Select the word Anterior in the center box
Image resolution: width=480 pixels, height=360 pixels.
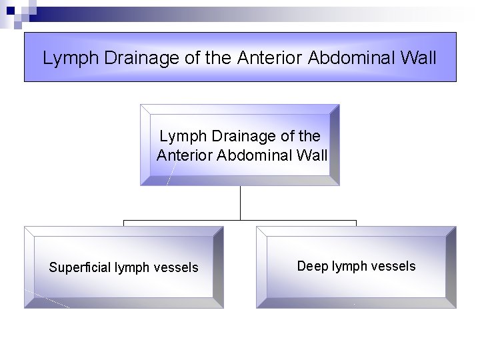point(183,156)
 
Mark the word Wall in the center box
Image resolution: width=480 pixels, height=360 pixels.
point(312,156)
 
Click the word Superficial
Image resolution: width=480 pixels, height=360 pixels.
point(80,268)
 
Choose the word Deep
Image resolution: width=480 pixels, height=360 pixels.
point(312,267)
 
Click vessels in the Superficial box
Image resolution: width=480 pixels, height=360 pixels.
point(176,268)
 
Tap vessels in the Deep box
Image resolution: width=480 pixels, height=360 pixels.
point(393,267)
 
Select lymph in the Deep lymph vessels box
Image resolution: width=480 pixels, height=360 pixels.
point(350,267)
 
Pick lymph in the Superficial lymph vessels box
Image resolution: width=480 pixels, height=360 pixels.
point(133,268)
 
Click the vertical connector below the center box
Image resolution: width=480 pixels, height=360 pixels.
point(240,203)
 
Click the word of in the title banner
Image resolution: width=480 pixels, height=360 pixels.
point(193,58)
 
